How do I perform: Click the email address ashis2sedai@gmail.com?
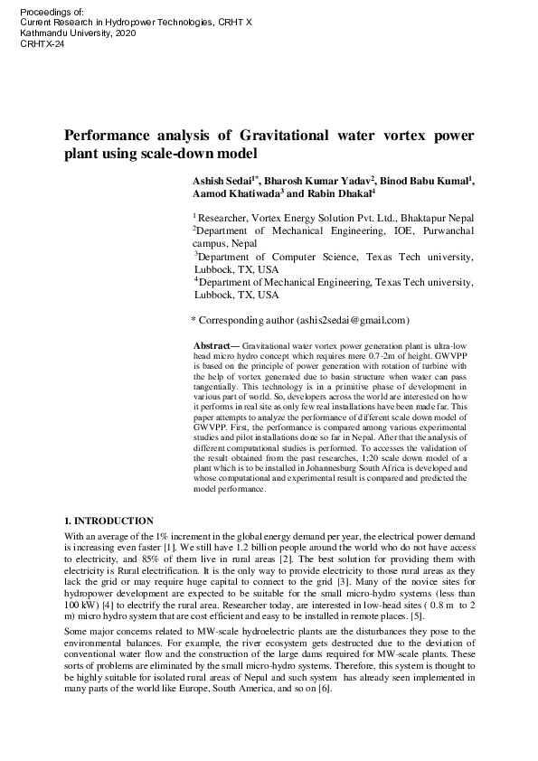(353, 320)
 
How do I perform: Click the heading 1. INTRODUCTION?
(108, 521)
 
